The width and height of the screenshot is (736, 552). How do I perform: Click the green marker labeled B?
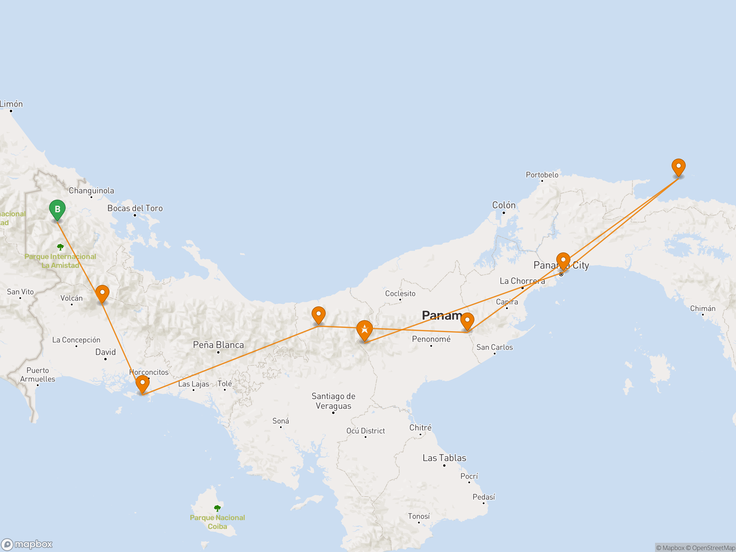coord(57,209)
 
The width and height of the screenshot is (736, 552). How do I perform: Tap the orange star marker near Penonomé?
coord(364,330)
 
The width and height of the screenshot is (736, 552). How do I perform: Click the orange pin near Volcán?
coord(102,293)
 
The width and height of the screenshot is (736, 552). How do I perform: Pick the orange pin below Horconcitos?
coord(142,384)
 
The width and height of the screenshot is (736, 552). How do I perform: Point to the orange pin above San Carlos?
coord(467,321)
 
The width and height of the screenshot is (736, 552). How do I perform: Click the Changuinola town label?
coord(91,191)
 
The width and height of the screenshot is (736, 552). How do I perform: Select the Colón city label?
coord(504,205)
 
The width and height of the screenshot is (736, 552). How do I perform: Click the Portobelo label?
coord(542,175)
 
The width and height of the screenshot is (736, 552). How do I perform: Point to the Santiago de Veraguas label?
coord(333,401)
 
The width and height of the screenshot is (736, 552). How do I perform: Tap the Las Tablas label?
coord(444,458)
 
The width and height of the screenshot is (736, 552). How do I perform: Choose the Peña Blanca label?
coord(218,345)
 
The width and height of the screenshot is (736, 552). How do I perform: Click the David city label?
coord(105,352)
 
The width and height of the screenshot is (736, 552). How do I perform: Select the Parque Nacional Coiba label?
coord(217,522)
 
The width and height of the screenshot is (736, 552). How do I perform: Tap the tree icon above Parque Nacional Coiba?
coord(217,508)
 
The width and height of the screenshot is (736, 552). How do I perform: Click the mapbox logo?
coord(27,544)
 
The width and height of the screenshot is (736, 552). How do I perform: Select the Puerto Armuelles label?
coord(38,375)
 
